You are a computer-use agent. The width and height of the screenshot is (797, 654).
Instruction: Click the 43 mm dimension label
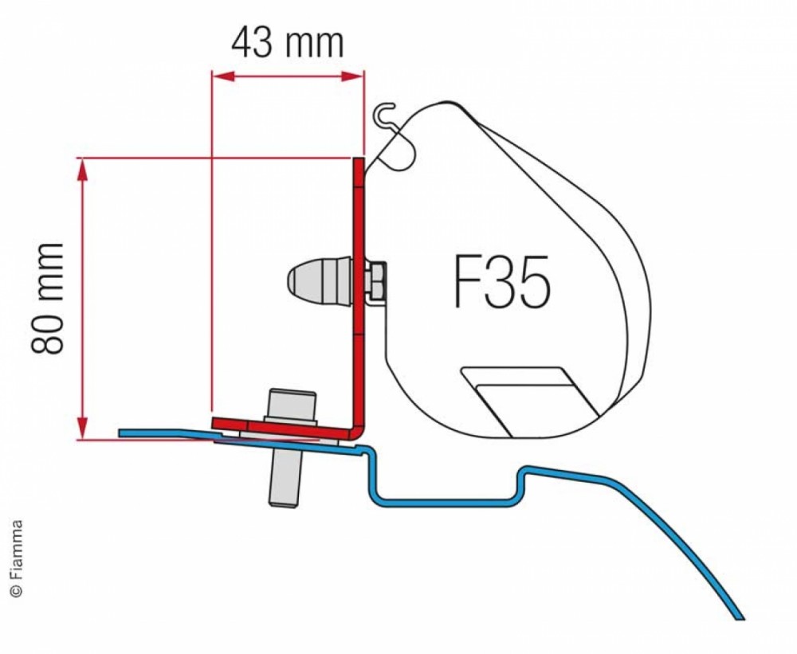point(288,42)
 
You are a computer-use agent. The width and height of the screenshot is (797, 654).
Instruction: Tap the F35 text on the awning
point(501,284)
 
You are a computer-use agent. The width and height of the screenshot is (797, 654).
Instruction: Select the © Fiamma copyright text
point(17,558)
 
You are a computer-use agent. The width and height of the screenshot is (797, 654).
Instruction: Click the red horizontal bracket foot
point(279,427)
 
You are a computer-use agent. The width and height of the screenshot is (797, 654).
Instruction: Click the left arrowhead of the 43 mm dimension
point(218,76)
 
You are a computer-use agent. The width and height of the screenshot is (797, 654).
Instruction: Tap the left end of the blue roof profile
point(122,433)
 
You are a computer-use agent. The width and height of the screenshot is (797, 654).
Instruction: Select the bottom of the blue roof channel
point(442,501)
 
